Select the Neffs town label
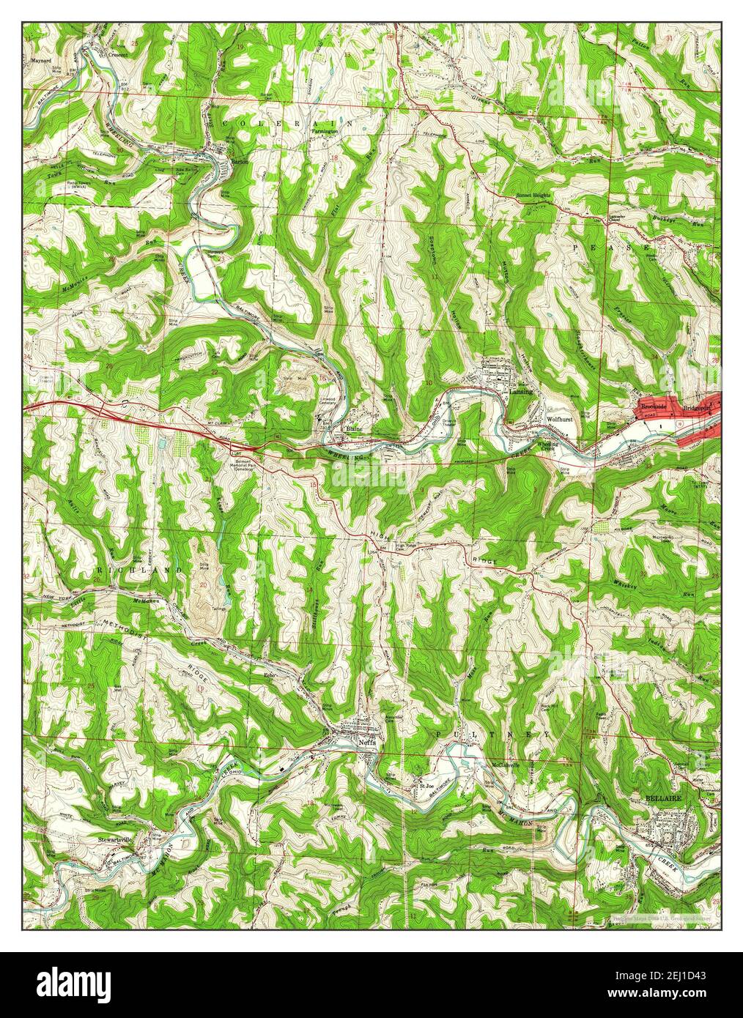point(367,740)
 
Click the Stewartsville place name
point(119,833)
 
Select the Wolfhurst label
point(559,420)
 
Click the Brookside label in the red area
point(651,406)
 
